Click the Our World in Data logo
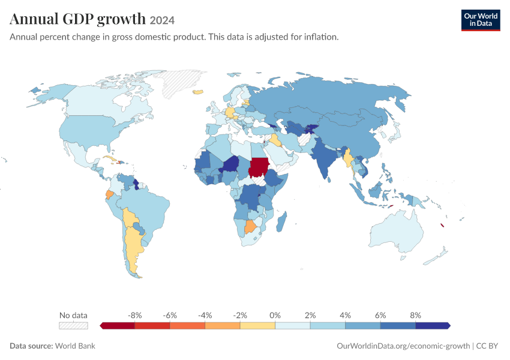(481, 20)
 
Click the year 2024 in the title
(162, 20)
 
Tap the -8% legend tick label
(134, 315)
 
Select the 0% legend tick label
(275, 315)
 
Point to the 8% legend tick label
(415, 315)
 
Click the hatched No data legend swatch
(74, 326)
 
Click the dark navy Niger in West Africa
(230, 164)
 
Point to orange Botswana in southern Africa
(250, 227)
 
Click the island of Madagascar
(282, 221)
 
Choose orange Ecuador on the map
(110, 195)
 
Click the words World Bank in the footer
(75, 346)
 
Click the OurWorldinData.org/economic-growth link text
(403, 346)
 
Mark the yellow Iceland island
(198, 92)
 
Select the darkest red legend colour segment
(117, 326)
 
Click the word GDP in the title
(78, 19)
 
